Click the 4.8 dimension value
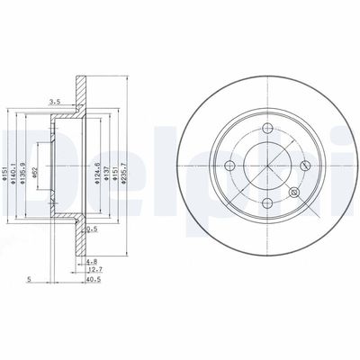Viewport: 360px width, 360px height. pyautogui.click(x=93, y=261)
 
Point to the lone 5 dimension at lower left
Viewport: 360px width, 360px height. pyautogui.click(x=30, y=279)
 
